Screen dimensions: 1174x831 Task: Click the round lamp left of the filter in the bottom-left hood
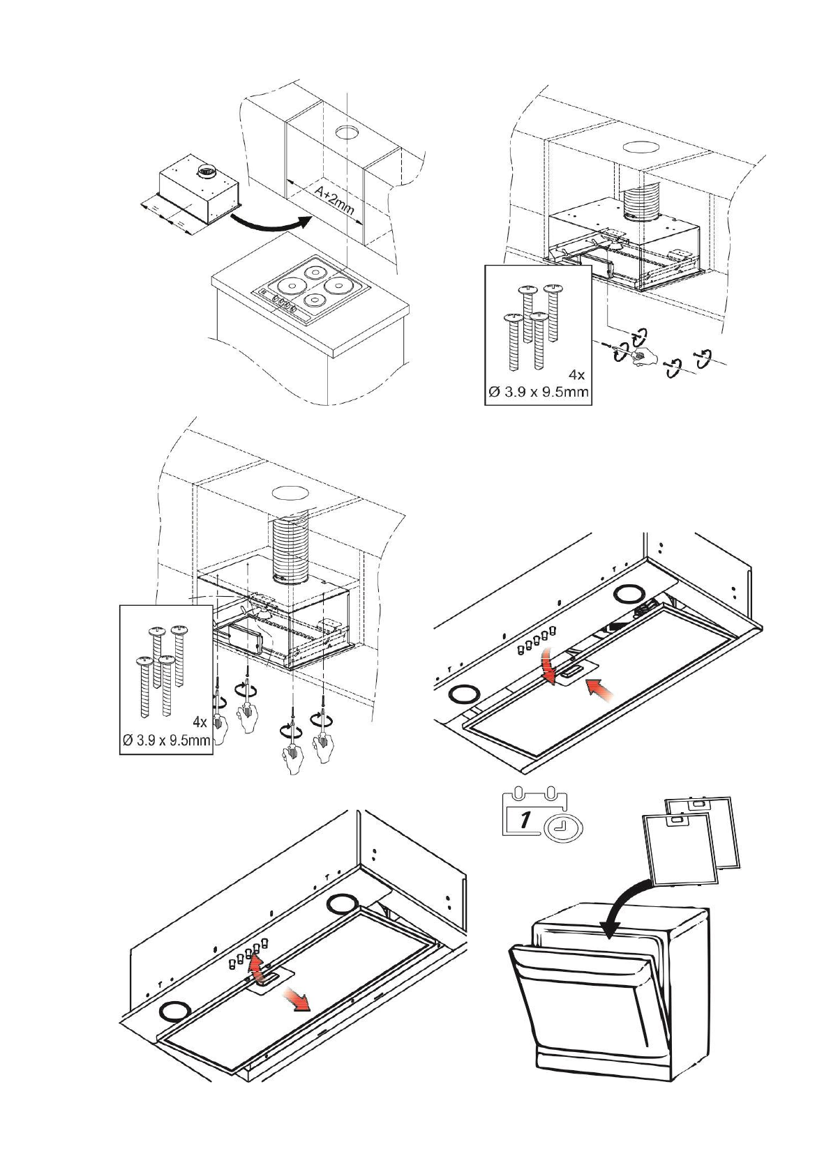tap(174, 1011)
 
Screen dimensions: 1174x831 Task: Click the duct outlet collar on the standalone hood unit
tap(207, 171)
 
